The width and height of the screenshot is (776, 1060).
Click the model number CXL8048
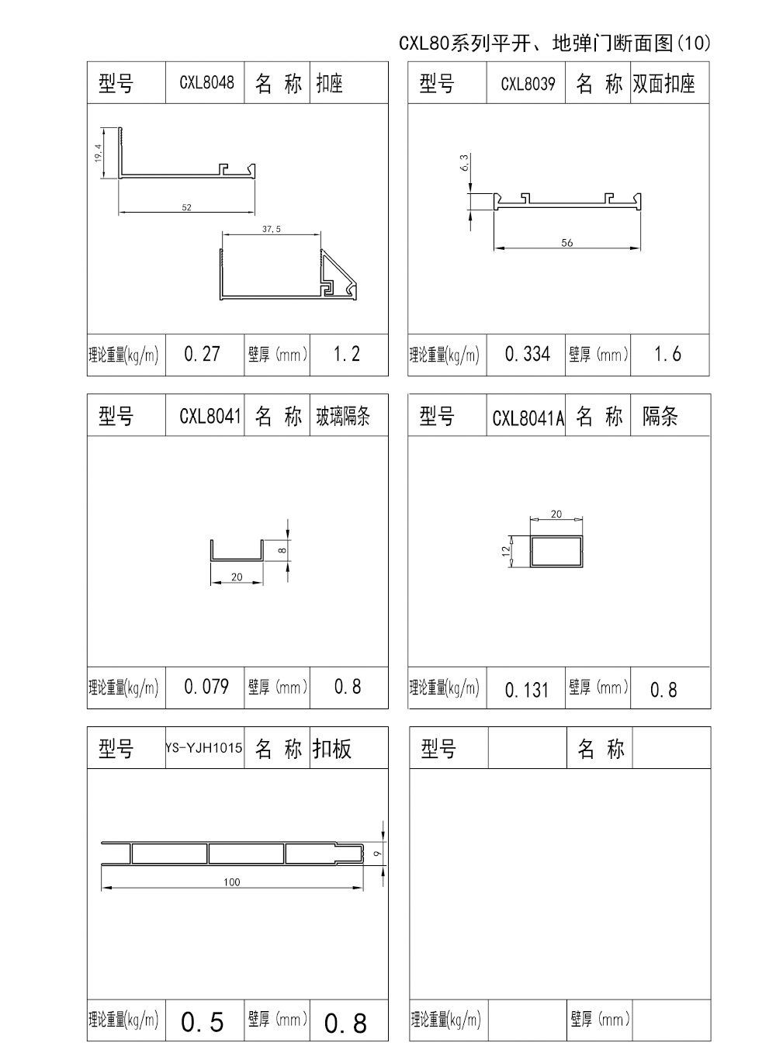(x=206, y=83)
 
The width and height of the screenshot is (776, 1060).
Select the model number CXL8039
(x=528, y=84)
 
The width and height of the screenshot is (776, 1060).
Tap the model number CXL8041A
(x=528, y=418)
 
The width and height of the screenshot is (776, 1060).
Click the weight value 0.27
(x=203, y=355)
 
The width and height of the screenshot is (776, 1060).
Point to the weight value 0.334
(x=528, y=355)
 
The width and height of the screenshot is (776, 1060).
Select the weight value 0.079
(x=206, y=687)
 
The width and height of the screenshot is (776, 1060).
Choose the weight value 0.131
(x=527, y=690)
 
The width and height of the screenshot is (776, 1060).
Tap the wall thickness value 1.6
(x=667, y=355)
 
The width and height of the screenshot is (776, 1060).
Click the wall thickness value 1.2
(x=347, y=355)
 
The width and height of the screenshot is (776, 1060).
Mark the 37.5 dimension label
(x=272, y=229)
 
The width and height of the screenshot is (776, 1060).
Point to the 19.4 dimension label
(x=98, y=153)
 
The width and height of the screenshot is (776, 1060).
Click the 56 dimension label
(x=567, y=243)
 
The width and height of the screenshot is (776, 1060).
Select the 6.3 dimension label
(x=465, y=164)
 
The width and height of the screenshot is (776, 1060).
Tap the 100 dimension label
(x=232, y=882)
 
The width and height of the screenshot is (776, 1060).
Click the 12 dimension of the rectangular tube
(x=506, y=551)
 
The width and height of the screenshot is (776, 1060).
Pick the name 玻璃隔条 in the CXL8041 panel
(x=343, y=417)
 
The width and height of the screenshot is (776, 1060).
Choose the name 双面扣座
(x=663, y=84)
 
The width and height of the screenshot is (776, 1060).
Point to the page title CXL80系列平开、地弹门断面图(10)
(x=554, y=43)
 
